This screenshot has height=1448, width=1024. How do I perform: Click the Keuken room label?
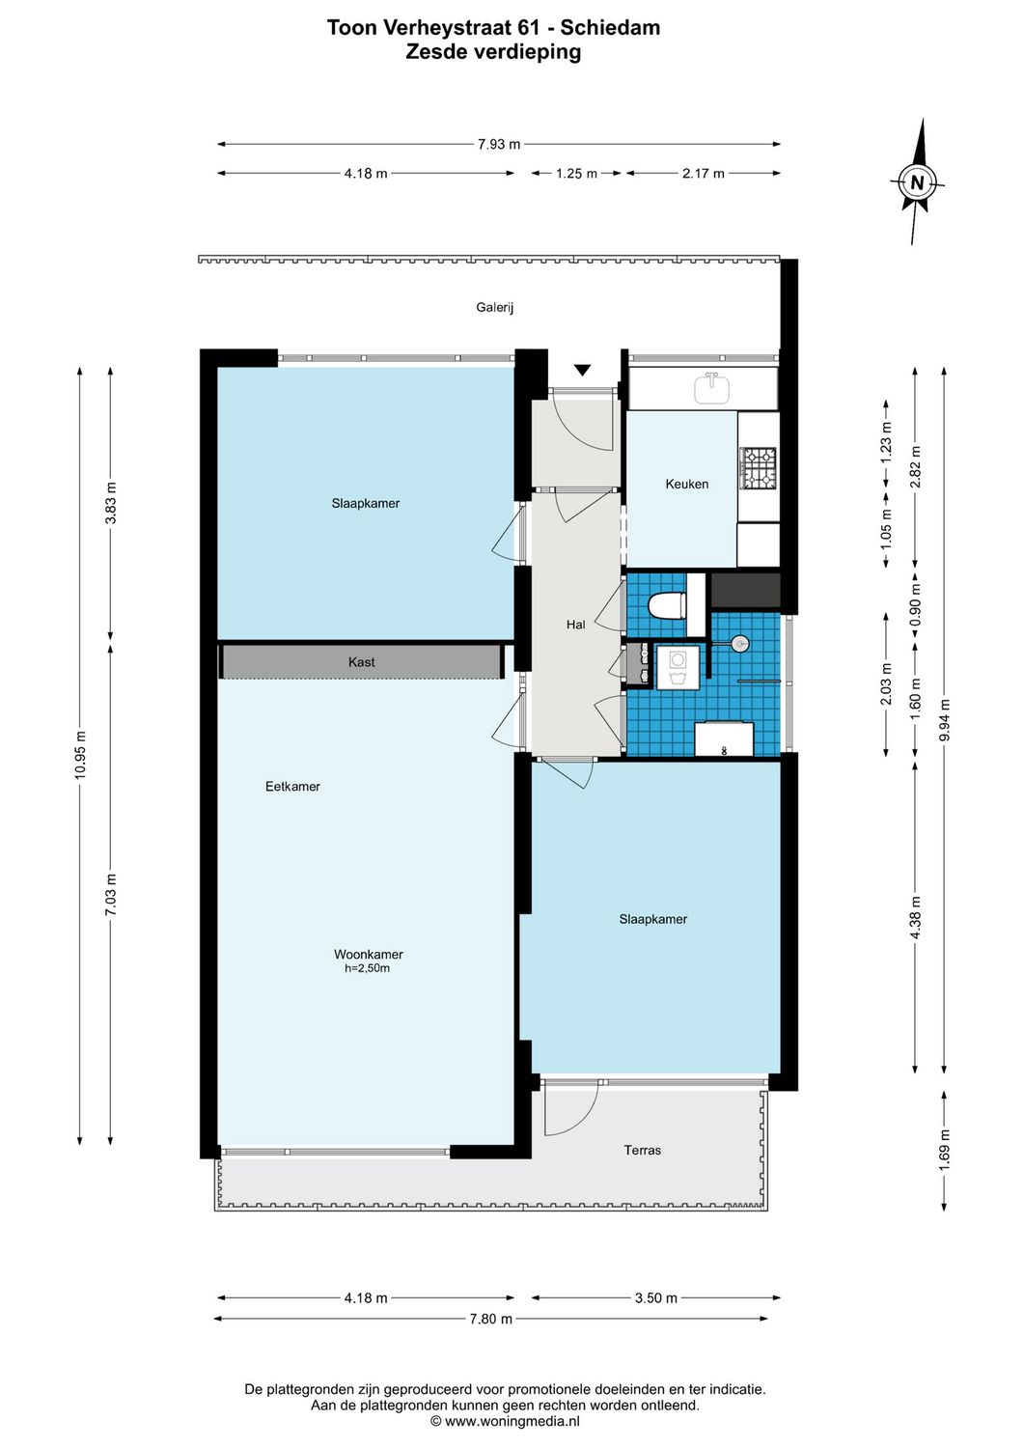click(686, 484)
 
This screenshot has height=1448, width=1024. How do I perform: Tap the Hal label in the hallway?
click(575, 625)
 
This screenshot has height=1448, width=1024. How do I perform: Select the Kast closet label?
click(361, 662)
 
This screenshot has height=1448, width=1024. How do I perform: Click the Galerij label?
click(494, 308)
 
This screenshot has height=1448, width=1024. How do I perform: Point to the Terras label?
click(642, 1150)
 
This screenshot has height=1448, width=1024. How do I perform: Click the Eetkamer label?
click(292, 787)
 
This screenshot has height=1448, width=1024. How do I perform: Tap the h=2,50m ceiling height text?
click(367, 968)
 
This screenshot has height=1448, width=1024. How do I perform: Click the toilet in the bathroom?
click(667, 606)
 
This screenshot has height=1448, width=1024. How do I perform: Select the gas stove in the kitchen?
click(759, 467)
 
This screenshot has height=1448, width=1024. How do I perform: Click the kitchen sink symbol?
click(711, 388)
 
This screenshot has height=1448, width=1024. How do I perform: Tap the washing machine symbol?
click(678, 667)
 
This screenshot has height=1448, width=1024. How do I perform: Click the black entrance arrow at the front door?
click(582, 370)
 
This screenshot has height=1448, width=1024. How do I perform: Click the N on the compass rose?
click(917, 182)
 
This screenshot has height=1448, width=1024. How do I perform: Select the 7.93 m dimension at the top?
click(498, 144)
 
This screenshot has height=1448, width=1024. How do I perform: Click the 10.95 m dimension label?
click(80, 755)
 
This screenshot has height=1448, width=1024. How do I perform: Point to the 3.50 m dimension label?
click(655, 1297)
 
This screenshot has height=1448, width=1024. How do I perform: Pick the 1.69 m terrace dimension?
click(944, 1150)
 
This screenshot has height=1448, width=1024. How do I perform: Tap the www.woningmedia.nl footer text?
click(512, 1421)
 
